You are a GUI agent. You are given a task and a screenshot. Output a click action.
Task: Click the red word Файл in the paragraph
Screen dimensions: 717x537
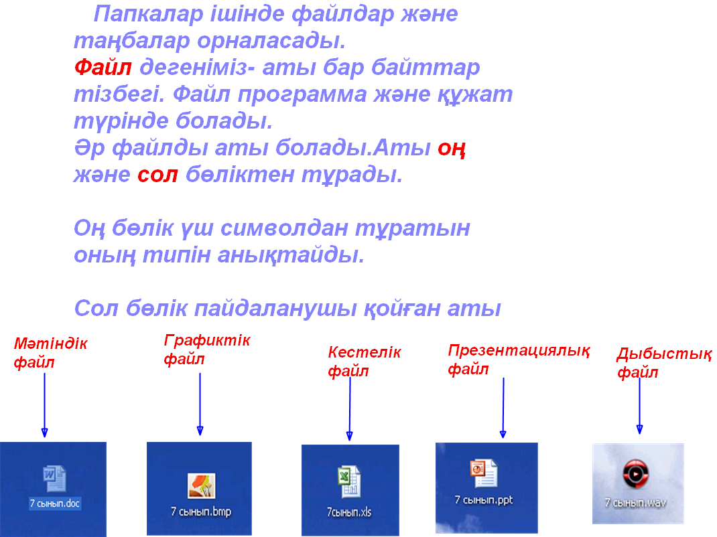[103, 67]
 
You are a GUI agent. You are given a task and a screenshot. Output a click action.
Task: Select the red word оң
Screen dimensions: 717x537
[452, 149]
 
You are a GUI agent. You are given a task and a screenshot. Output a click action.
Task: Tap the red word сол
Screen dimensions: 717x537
[157, 175]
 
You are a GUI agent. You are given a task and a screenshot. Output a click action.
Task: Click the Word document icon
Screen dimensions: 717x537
[54, 479]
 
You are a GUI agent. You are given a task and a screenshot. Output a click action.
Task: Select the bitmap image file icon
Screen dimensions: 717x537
[201, 486]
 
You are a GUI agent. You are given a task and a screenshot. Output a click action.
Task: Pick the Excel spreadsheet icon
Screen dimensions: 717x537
[349, 481]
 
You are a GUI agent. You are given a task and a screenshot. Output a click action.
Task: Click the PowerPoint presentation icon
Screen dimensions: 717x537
[484, 473]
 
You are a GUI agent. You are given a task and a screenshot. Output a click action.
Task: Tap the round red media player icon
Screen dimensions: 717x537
[636, 474]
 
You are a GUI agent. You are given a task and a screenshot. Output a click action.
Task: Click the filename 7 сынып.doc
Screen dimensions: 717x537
[55, 504]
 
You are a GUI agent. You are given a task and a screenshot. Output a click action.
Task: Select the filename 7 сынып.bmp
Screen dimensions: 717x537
[201, 512]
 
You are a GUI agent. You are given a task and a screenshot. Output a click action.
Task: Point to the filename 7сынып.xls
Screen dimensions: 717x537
[349, 512]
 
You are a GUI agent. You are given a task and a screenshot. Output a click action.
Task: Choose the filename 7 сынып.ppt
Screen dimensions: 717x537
[484, 500]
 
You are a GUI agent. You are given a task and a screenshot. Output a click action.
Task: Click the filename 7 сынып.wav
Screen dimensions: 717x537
[635, 503]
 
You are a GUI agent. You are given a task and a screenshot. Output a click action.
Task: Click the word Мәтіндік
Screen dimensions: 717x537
[51, 343]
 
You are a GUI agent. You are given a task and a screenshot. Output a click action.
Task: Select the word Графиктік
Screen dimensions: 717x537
[207, 341]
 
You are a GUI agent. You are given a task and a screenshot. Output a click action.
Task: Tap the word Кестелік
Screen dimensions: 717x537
[365, 352]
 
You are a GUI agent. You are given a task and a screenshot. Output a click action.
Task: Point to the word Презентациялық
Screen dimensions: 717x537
[519, 351]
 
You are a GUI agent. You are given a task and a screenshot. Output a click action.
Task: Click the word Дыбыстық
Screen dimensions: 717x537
[665, 354]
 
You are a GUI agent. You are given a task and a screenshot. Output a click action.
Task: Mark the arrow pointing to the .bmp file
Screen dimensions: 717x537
[200, 404]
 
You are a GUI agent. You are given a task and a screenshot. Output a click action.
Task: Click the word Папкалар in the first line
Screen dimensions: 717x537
[148, 14]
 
